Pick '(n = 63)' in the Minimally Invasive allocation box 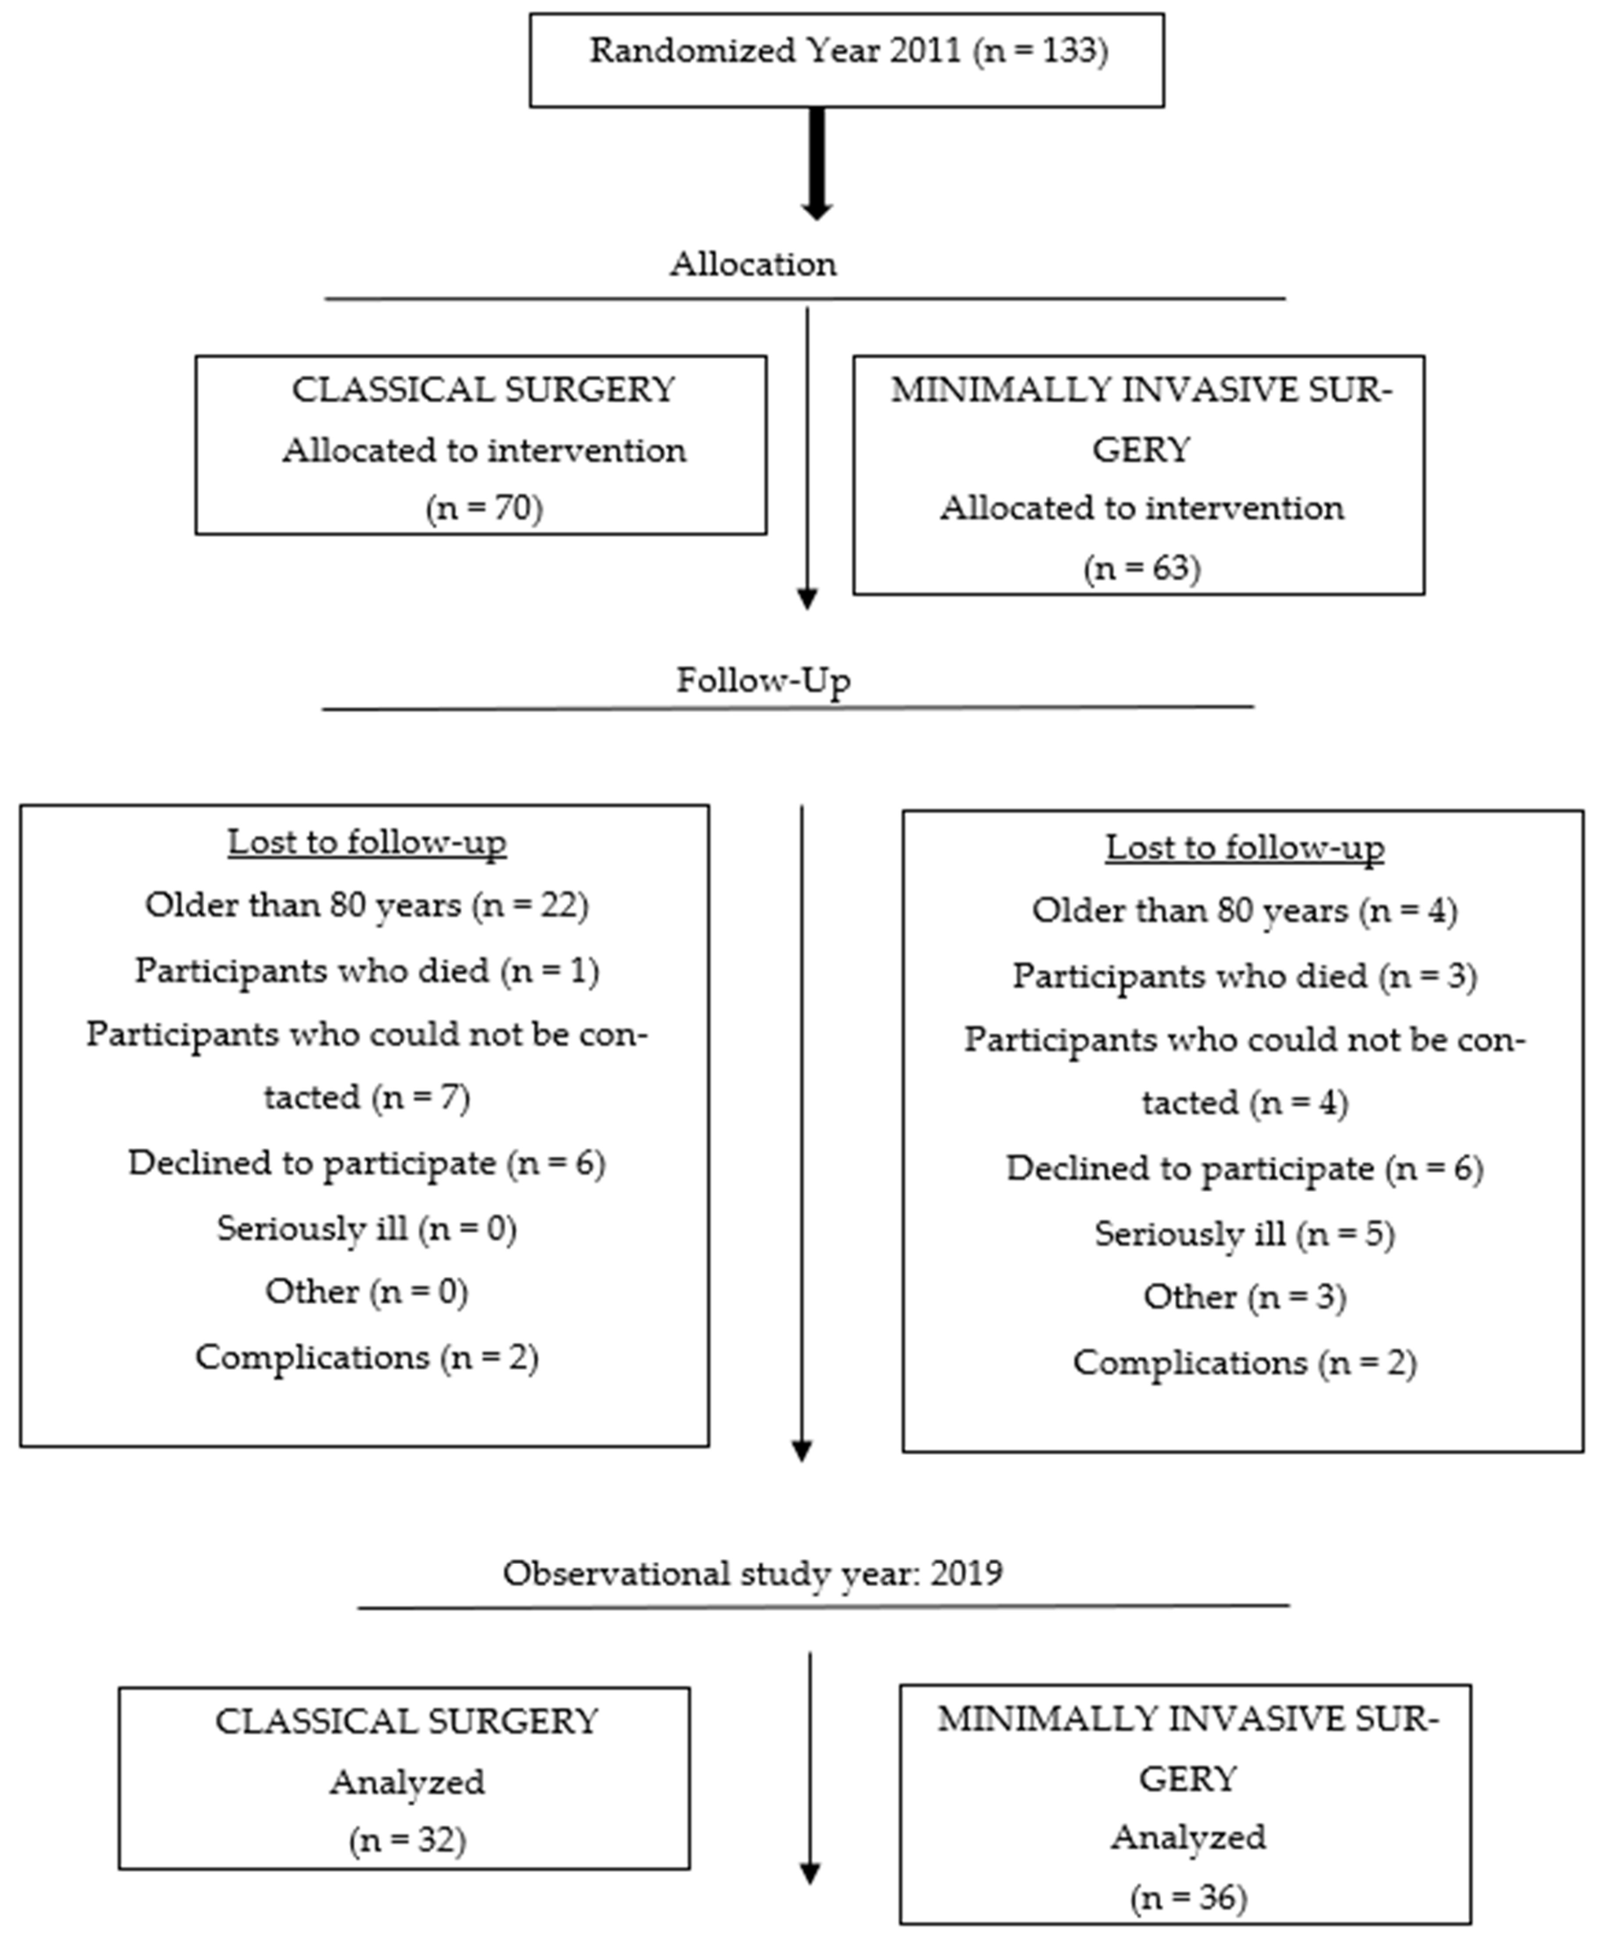coord(1142,568)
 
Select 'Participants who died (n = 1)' coord(367,970)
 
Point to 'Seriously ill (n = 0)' coord(367,1229)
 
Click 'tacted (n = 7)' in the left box coord(367,1098)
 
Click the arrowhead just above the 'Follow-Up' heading coord(807,599)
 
